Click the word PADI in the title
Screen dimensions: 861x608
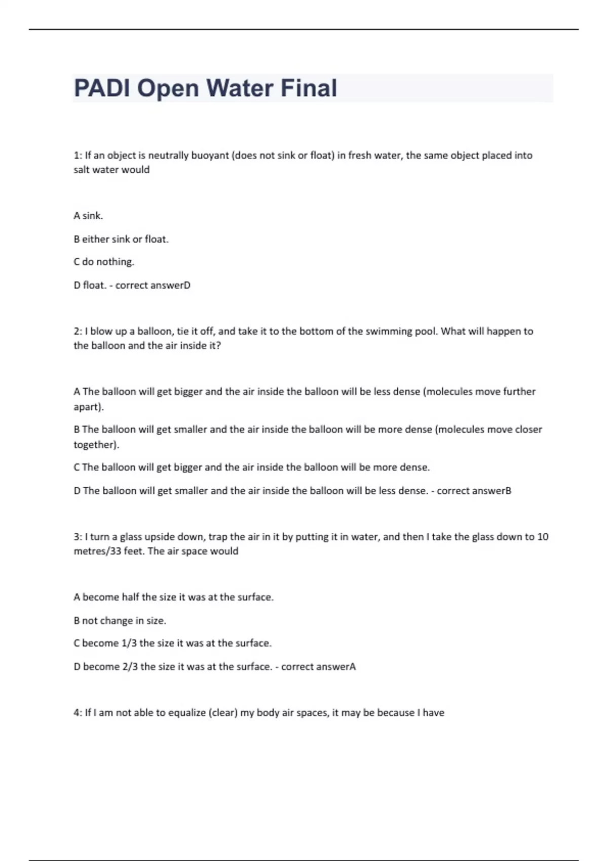(x=102, y=88)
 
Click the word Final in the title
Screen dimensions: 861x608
(x=309, y=88)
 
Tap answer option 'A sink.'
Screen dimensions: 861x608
(x=88, y=216)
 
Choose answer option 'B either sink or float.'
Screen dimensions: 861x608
(x=121, y=239)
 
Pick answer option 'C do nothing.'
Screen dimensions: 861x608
(x=104, y=262)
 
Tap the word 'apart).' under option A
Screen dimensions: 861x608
(x=89, y=407)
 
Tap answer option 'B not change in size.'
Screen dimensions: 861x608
(x=120, y=620)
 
